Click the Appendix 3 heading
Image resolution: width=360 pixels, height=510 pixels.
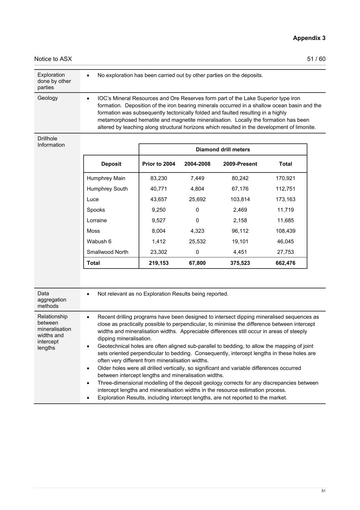[309, 38]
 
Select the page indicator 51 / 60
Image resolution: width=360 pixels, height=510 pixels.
[316, 59]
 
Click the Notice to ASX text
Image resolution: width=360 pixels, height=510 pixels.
[53, 59]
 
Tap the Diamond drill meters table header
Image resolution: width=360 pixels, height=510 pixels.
[223, 149]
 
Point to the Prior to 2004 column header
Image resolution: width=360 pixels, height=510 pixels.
[159, 164]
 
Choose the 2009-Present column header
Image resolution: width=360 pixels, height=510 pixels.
[240, 164]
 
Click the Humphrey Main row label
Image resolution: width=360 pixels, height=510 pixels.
[106, 178]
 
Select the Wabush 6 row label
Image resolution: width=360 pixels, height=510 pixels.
[99, 241]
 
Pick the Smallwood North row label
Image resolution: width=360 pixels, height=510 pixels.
[108, 252]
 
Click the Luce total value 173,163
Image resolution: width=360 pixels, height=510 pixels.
[285, 199]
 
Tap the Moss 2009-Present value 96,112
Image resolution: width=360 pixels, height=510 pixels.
[240, 231]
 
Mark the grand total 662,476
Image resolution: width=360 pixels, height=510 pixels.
[285, 263]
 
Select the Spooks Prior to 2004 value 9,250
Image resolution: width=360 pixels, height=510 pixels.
[159, 210]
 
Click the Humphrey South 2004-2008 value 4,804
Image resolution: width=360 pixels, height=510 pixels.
[197, 189]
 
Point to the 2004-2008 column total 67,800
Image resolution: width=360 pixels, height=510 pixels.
[197, 263]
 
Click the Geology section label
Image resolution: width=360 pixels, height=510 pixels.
[48, 98]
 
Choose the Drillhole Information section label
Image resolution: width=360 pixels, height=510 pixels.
[51, 142]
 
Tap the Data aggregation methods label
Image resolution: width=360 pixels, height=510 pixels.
[52, 300]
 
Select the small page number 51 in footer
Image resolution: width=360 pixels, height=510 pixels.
[323, 491]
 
